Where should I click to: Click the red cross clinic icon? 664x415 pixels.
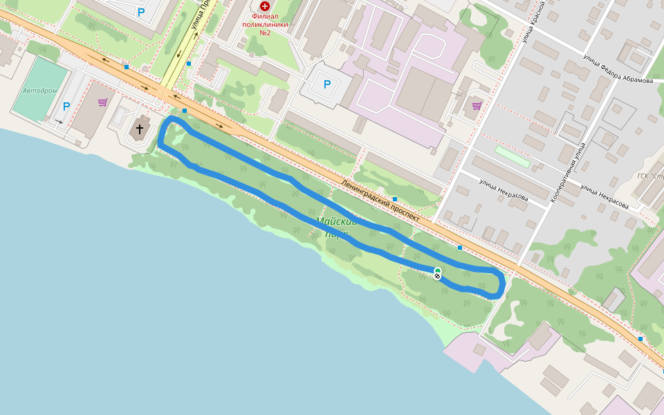click(x=264, y=6)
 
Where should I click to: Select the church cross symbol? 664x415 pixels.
click(x=140, y=129)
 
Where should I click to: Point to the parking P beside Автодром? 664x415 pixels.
click(x=66, y=107)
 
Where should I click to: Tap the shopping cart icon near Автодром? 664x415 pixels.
click(x=102, y=102)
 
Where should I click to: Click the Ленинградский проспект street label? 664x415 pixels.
click(x=380, y=200)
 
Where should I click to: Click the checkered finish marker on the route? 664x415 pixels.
click(x=437, y=276)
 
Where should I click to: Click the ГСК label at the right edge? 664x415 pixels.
click(x=650, y=176)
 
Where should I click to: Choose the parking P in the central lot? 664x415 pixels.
click(x=327, y=85)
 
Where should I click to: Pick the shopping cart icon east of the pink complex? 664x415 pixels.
click(x=476, y=106)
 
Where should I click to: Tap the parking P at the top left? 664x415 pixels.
click(x=141, y=12)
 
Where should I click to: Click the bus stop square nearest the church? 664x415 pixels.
click(x=185, y=111)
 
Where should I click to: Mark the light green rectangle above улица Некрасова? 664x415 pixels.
click(x=513, y=156)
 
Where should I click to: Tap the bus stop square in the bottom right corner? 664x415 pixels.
click(x=640, y=339)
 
